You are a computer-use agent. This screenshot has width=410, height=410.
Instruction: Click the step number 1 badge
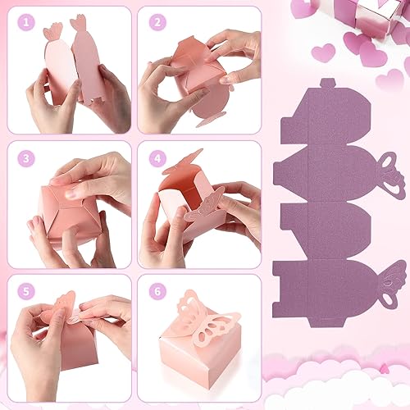click(25, 24)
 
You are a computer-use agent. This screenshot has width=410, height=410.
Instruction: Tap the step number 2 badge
click(157, 24)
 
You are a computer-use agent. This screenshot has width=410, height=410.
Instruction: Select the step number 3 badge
click(25, 158)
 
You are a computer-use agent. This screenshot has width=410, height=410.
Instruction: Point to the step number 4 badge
click(157, 158)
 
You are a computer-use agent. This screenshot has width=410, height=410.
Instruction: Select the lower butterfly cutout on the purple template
click(391, 283)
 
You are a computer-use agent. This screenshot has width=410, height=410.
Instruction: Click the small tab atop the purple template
click(327, 84)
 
